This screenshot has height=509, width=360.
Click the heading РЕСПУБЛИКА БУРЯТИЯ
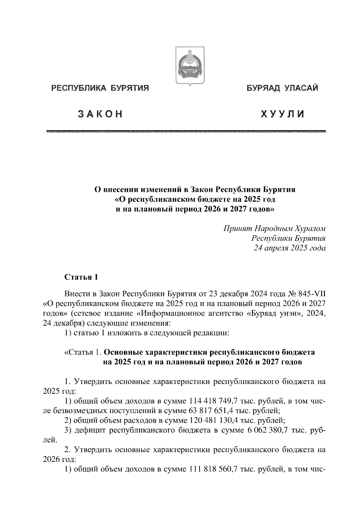[x=100, y=88]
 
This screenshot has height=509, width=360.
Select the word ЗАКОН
[x=100, y=114]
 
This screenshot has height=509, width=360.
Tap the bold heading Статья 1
[x=81, y=277]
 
